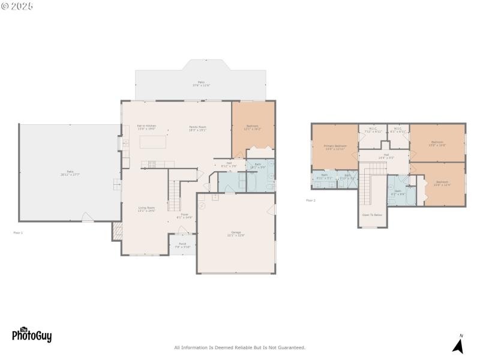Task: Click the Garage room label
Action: pyautogui.click(x=236, y=233)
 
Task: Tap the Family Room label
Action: pyautogui.click(x=198, y=127)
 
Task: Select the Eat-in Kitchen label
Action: pyautogui.click(x=146, y=126)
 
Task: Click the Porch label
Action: pyautogui.click(x=182, y=245)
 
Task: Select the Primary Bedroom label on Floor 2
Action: pyautogui.click(x=335, y=146)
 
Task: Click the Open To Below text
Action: pyautogui.click(x=372, y=214)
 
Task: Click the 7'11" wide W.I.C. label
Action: pyautogui.click(x=373, y=129)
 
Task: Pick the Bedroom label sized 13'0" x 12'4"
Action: pyautogui.click(x=442, y=182)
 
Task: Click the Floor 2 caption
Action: pyautogui.click(x=310, y=200)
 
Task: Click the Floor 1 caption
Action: pyautogui.click(x=18, y=232)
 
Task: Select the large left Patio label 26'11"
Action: pyautogui.click(x=70, y=173)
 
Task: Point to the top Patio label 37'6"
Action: pyautogui.click(x=201, y=83)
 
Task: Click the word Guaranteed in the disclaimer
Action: pyautogui.click(x=291, y=347)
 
